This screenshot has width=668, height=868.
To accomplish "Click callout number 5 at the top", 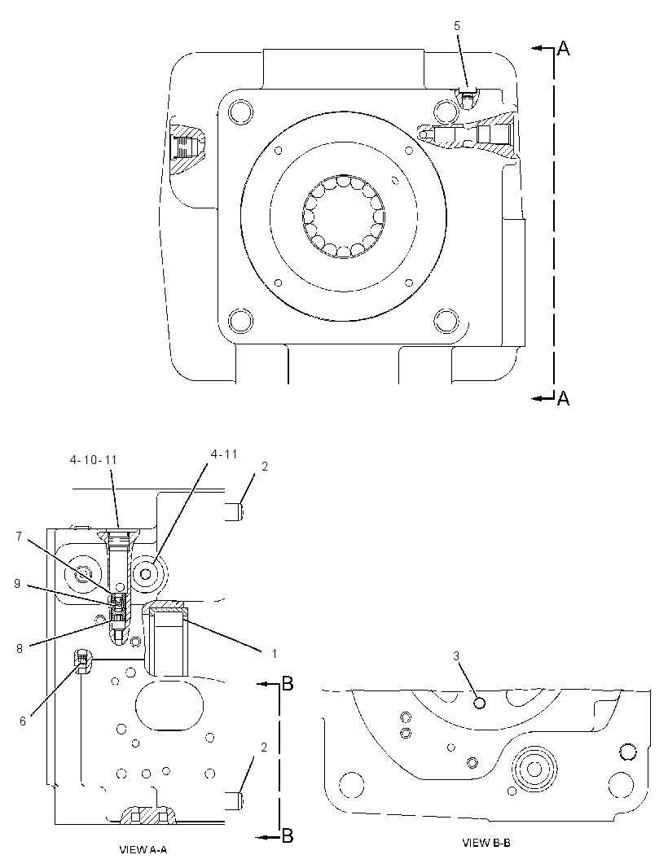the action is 457,26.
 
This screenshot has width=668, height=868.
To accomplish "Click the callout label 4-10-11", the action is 94,460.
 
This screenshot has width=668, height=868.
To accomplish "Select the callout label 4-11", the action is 224,454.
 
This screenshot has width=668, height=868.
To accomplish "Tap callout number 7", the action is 18,537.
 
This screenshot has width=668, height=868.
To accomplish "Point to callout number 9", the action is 17,584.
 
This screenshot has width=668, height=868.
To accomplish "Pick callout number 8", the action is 20,649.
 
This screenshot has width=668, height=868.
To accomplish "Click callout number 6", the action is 23,721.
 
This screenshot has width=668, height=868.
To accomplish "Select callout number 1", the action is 274,654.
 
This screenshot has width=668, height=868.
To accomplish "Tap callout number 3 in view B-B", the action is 456,656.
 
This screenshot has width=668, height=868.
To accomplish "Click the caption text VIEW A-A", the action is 143,849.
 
